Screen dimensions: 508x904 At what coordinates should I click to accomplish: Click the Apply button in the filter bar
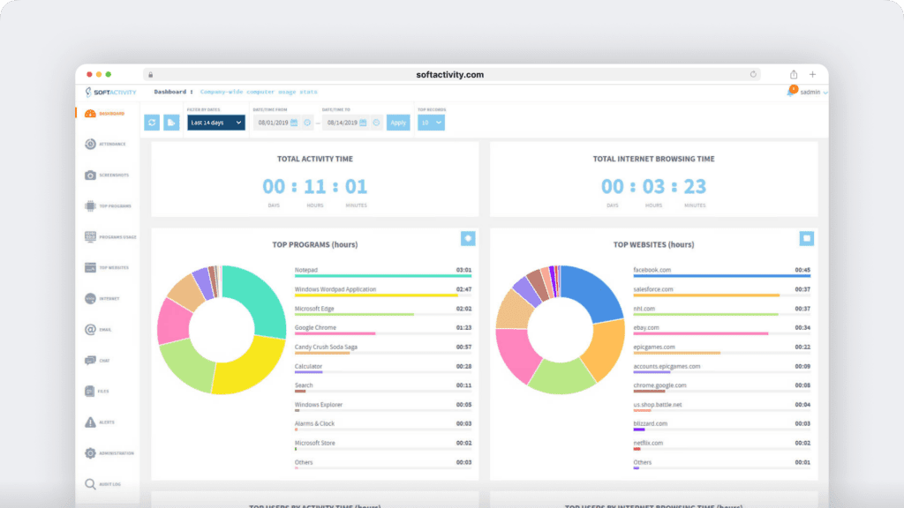pos(398,123)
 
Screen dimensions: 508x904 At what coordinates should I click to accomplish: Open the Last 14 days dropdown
pos(215,123)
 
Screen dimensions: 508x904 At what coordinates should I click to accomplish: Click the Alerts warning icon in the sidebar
pos(90,422)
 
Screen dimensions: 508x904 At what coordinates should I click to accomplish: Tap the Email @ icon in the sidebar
pos(90,330)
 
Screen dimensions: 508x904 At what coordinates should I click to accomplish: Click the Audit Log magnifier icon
pos(90,484)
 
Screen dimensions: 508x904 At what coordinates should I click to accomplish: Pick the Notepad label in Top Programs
pos(307,270)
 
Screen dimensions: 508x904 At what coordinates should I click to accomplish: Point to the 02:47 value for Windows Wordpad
pos(463,289)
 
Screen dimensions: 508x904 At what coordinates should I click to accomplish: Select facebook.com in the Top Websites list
pos(653,270)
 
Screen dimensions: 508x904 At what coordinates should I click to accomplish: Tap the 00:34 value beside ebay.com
pos(802,328)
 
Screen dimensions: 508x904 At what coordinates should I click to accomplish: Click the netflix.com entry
pos(648,443)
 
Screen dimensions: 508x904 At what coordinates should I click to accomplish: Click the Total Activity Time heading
pos(314,159)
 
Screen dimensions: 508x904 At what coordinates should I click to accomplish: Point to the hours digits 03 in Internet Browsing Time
pos(653,187)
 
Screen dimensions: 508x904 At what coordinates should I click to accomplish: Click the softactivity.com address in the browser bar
pos(449,75)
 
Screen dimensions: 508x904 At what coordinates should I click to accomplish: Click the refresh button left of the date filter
pos(152,123)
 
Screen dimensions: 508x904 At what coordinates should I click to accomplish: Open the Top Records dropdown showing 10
pos(431,123)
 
